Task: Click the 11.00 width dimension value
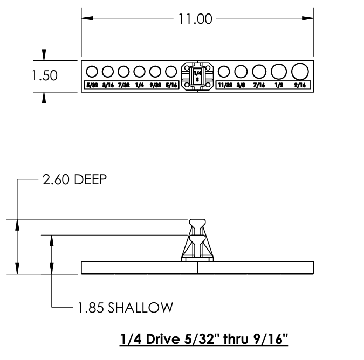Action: click(195, 19)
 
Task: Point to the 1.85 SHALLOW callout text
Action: click(125, 308)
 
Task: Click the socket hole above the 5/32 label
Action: click(92, 71)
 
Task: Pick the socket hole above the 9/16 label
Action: click(299, 71)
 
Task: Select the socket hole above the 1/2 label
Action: click(279, 71)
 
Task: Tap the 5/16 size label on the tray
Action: click(171, 85)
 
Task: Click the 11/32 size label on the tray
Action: click(224, 85)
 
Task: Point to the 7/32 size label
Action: click(123, 85)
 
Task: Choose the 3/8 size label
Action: click(241, 85)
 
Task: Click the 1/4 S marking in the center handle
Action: click(197, 76)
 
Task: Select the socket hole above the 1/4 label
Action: click(140, 71)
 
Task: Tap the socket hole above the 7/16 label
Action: click(259, 71)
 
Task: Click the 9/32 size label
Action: click(156, 85)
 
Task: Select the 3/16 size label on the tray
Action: click(107, 85)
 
